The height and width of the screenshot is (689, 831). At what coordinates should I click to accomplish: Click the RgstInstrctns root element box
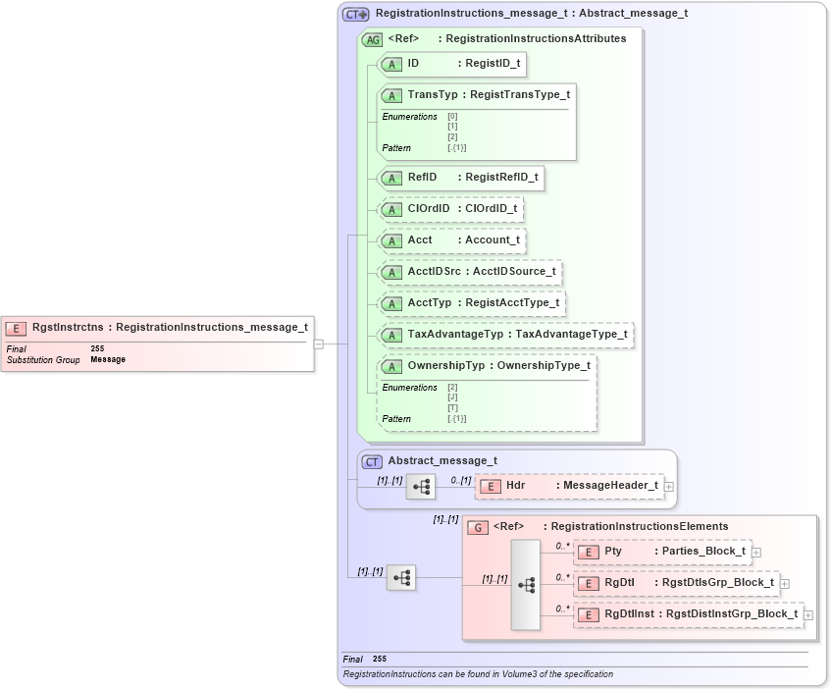[x=157, y=328]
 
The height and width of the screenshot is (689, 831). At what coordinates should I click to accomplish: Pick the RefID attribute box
[x=460, y=178]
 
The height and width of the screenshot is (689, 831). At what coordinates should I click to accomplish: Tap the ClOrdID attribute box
[x=450, y=209]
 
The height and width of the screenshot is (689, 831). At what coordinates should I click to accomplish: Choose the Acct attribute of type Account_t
[x=452, y=240]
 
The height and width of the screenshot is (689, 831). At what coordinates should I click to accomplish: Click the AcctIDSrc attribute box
[x=470, y=272]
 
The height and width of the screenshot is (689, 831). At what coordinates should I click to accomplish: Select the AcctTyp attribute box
[x=472, y=303]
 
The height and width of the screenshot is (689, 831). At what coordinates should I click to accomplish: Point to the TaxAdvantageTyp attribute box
[x=505, y=335]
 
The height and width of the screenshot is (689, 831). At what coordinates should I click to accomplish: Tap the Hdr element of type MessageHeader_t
[x=569, y=486]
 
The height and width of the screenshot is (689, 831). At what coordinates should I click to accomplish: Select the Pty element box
[x=662, y=552]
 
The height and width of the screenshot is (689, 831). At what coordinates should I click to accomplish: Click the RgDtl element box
[x=676, y=583]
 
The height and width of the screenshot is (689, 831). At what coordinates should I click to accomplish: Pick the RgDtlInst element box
[x=688, y=614]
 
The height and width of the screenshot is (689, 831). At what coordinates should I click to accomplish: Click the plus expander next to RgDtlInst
[x=808, y=615]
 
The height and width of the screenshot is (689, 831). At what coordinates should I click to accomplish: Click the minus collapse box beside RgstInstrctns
[x=319, y=344]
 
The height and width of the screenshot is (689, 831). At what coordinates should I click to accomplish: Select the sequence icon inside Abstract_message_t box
[x=421, y=486]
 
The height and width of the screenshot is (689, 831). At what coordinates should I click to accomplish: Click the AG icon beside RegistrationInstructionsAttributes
[x=373, y=40]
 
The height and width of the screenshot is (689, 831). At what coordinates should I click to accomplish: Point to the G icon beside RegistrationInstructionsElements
[x=478, y=527]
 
